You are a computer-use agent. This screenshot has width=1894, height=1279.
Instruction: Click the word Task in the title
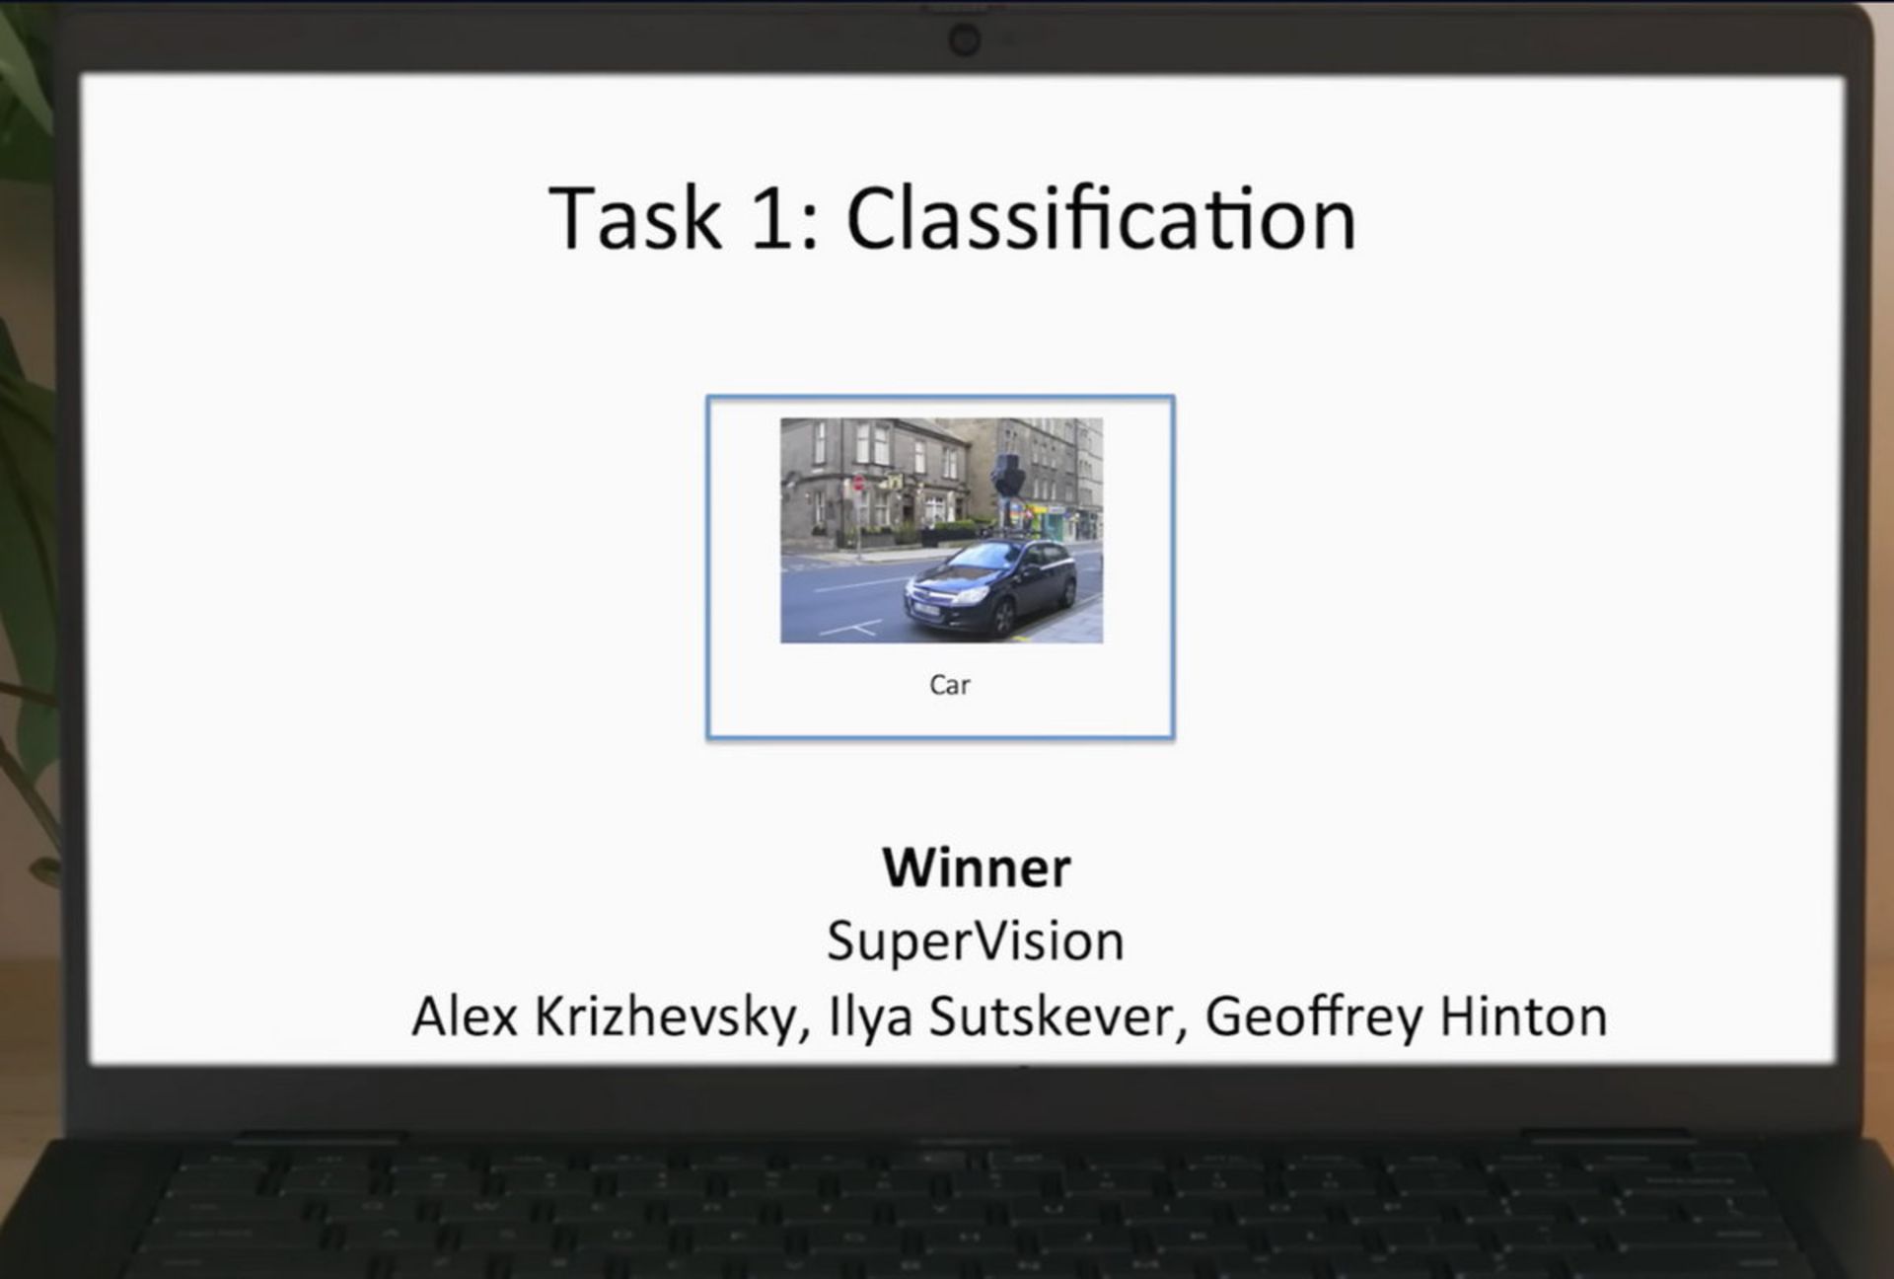[635, 218]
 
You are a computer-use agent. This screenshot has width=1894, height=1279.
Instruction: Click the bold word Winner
[977, 867]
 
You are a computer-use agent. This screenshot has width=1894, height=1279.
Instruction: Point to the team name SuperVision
[976, 940]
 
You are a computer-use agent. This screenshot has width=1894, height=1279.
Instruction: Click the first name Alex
[465, 1016]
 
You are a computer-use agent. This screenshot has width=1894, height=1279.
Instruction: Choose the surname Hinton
[1524, 1016]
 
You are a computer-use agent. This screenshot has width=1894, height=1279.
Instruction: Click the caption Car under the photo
[950, 685]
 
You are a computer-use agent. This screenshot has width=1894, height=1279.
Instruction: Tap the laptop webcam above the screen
[964, 40]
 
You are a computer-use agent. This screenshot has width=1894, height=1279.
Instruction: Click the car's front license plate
[926, 611]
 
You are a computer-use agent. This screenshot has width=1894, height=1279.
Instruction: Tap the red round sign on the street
[858, 484]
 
